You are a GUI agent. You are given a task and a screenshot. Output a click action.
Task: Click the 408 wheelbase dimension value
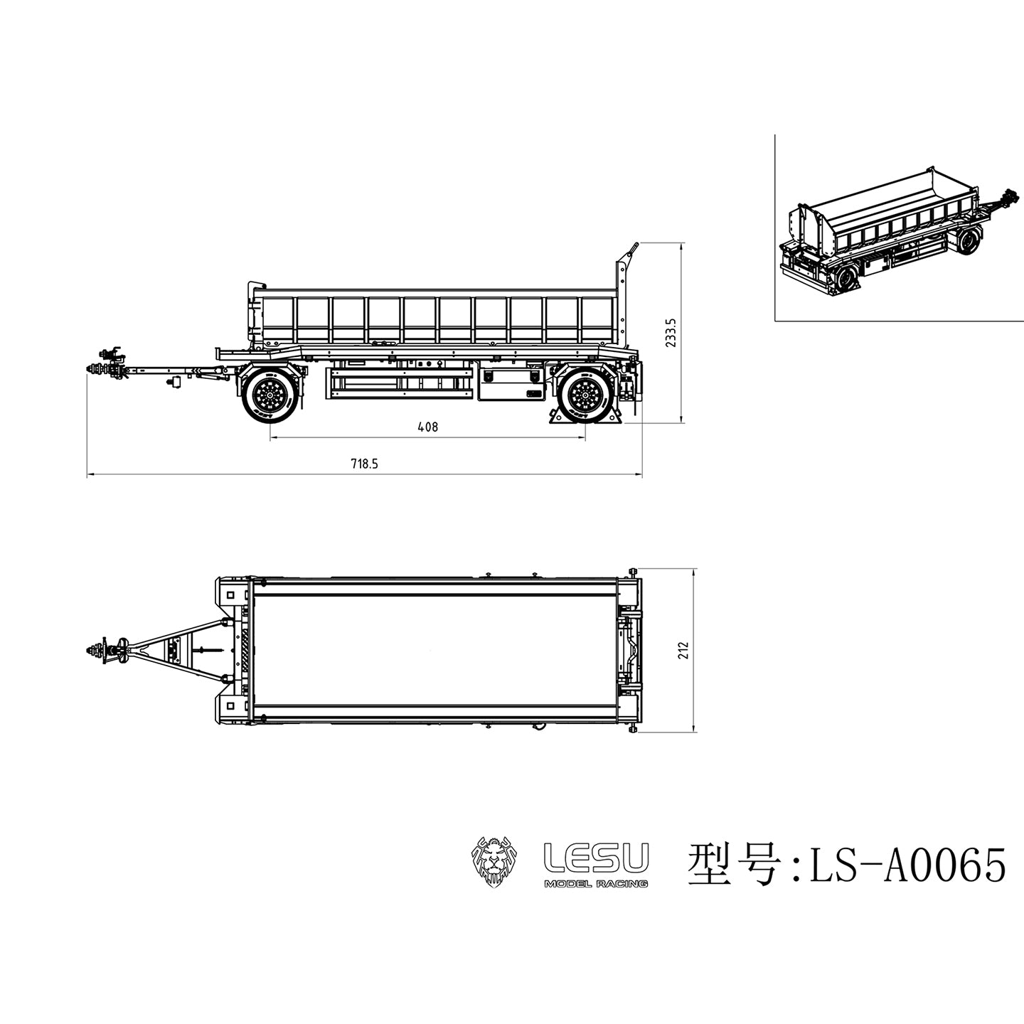coord(427,427)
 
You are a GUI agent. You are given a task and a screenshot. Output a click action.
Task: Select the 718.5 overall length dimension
coord(364,464)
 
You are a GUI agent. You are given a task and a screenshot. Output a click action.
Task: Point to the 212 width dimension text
coord(684,650)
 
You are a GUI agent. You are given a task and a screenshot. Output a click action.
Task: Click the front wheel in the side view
coord(270,395)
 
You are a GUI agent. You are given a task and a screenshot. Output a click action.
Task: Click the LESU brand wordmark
coord(596,857)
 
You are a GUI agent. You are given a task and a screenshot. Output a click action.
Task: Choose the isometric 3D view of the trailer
coord(896,231)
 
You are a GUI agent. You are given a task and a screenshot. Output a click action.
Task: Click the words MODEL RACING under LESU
coord(595,883)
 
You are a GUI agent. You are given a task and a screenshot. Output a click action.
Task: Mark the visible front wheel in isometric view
coord(966,242)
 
